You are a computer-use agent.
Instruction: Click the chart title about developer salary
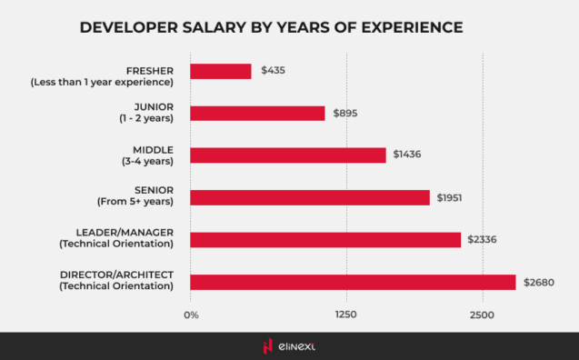[271, 27]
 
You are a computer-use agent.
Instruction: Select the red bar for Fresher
[221, 71]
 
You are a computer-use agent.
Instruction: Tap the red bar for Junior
[257, 113]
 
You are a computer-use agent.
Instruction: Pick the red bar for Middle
[288, 155]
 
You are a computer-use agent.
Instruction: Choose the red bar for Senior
[310, 197]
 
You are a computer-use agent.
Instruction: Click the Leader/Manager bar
[325, 240]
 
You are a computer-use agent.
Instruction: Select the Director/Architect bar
[353, 282]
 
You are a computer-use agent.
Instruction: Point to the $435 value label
[274, 71]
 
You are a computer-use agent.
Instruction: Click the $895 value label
[346, 113]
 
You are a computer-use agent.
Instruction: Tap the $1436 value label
[407, 155]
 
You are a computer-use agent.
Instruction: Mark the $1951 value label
[451, 197]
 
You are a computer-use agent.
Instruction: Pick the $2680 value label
[538, 282]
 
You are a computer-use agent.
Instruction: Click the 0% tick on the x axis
[191, 315]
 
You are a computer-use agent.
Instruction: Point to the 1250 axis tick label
[345, 315]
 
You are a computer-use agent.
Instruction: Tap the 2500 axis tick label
[482, 315]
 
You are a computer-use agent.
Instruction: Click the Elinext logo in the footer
[289, 345]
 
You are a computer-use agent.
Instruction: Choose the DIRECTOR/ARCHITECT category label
[116, 275]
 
